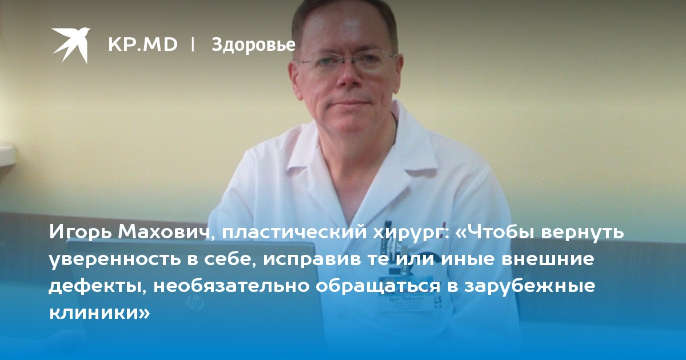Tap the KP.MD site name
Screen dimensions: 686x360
[143, 45]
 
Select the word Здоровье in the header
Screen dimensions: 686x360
[253, 45]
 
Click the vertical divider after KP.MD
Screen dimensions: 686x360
[193, 45]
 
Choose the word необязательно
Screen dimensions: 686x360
[232, 286]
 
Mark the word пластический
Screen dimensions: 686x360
[294, 233]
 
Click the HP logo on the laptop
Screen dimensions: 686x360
[195, 303]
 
